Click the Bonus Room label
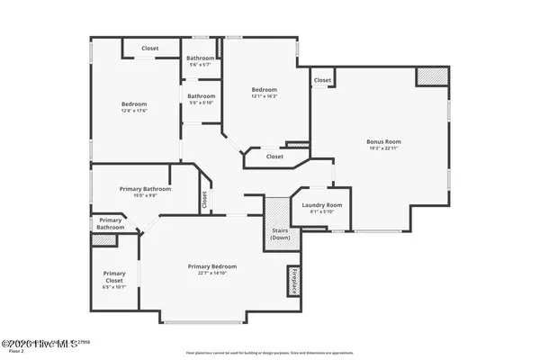[x=383, y=141]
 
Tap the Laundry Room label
[x=322, y=205]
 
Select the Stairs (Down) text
[x=280, y=234]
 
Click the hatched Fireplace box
[x=293, y=281]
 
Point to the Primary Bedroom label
[x=212, y=266]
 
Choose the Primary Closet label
[x=114, y=276]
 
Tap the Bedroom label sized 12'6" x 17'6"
[x=133, y=104]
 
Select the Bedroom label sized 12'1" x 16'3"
[x=264, y=89]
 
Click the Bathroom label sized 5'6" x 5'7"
[x=201, y=58]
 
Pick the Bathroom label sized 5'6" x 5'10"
[x=201, y=96]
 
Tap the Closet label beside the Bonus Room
[x=321, y=80]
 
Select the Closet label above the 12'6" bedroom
[x=151, y=49]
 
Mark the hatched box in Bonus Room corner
[x=427, y=77]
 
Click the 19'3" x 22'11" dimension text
[x=383, y=148]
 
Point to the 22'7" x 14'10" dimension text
[x=212, y=274]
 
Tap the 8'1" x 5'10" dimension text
[x=322, y=212]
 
